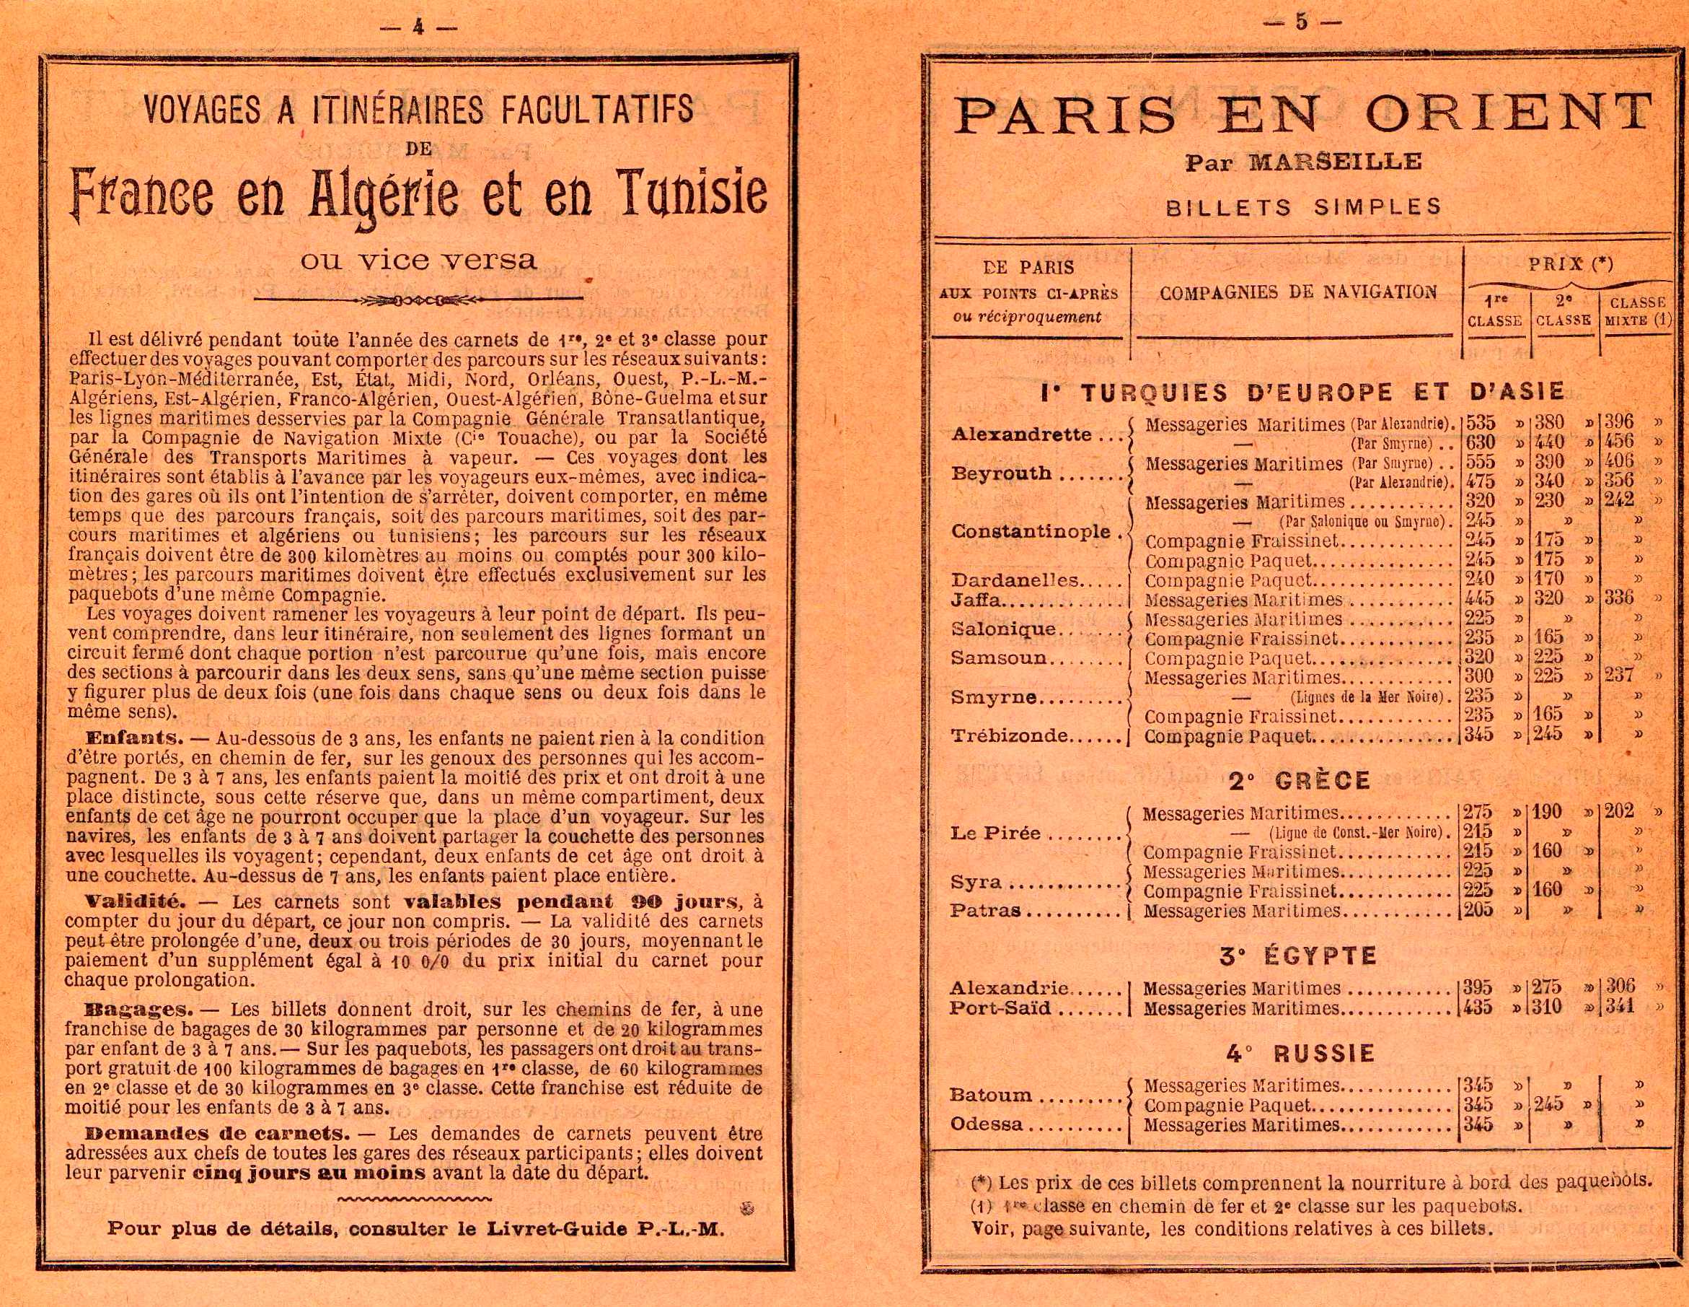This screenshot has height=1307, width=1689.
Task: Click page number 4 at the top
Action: tap(418, 27)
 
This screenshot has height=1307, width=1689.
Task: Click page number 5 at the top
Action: tap(1302, 22)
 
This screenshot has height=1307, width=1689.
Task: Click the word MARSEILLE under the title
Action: tap(1336, 162)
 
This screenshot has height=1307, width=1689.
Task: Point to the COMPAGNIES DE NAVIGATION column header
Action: tap(1297, 292)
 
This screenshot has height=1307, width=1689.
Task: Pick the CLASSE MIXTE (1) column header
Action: tap(1638, 311)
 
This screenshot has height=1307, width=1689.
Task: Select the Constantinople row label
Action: tap(1031, 532)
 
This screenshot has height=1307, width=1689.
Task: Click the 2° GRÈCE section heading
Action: tap(1300, 780)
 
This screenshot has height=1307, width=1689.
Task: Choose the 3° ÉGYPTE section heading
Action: tap(1297, 956)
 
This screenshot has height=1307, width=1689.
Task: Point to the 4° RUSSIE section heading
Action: tap(1300, 1053)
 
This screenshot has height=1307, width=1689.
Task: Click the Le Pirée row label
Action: tap(995, 834)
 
